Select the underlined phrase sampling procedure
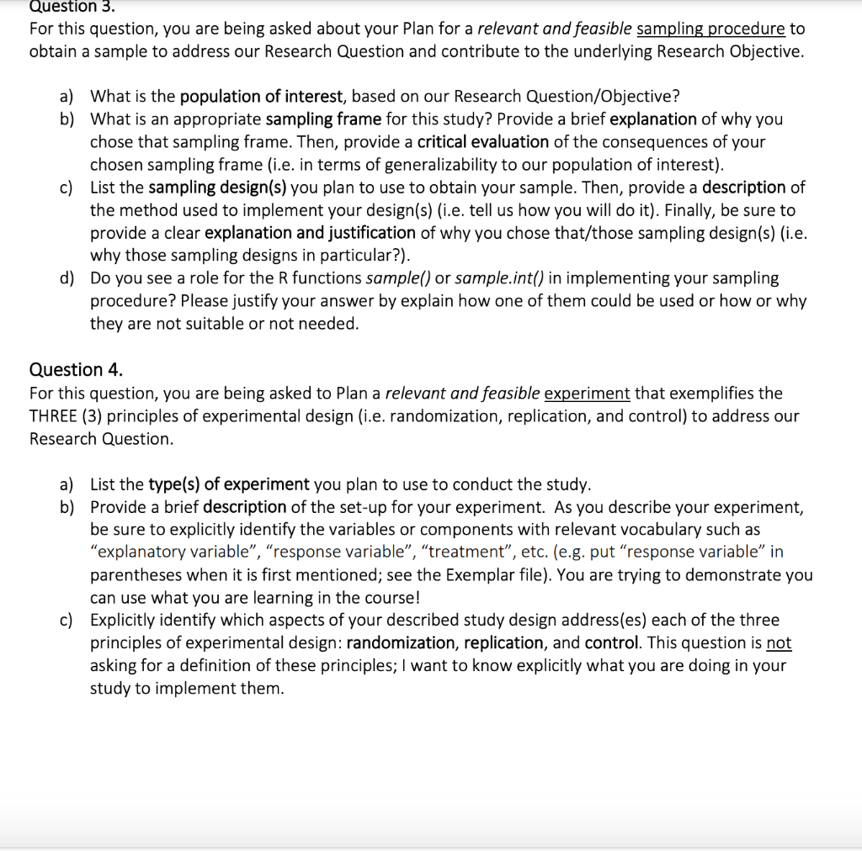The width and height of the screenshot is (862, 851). point(711,29)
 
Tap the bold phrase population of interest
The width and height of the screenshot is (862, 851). point(263,96)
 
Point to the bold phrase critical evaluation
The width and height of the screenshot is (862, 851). point(483,141)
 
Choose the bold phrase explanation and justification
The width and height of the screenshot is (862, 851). point(310,232)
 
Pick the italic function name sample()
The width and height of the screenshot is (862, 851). point(398,277)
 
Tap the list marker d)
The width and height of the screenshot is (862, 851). point(67,277)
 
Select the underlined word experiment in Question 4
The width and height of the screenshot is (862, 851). point(587,393)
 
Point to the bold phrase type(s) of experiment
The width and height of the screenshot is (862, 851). point(229,484)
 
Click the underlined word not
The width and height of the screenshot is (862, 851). point(779,642)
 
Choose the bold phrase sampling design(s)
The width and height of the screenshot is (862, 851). point(217,187)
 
